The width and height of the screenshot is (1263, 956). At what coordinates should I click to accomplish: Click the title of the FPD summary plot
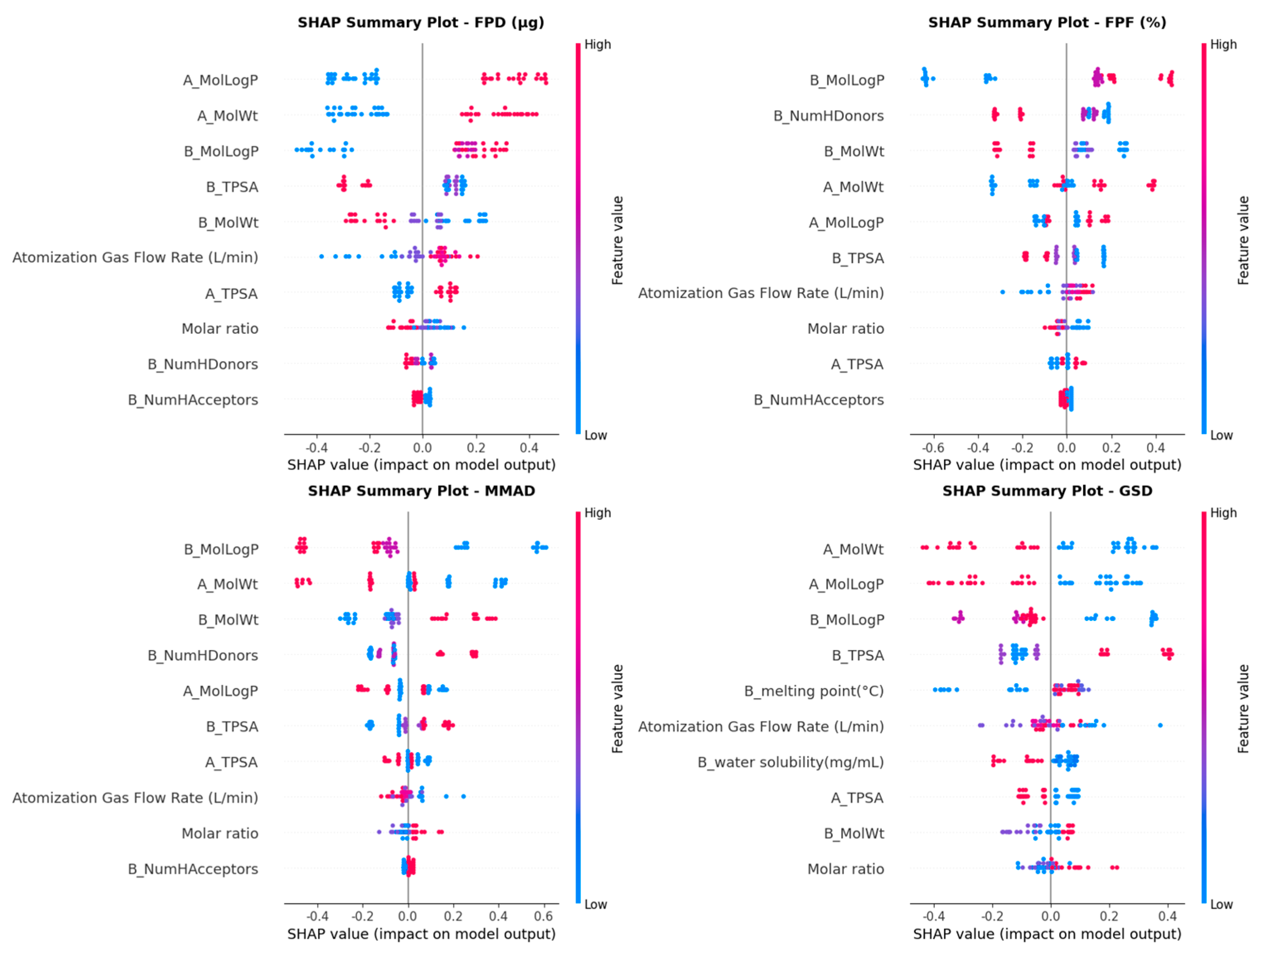click(421, 22)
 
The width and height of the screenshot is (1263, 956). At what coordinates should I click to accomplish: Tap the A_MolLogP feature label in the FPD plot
click(220, 80)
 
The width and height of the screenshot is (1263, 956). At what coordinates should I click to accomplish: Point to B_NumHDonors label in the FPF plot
click(828, 116)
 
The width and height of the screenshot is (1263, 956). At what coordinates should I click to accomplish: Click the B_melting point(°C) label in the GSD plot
click(814, 691)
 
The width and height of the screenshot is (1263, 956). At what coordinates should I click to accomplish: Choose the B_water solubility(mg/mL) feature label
click(790, 762)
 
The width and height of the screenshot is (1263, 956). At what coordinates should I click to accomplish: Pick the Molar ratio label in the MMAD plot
click(220, 833)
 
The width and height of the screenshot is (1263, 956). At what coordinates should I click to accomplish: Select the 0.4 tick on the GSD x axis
click(1167, 917)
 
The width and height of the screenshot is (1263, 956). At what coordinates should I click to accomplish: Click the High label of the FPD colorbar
click(597, 44)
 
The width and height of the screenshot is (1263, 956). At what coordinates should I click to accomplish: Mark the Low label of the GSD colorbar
click(1221, 905)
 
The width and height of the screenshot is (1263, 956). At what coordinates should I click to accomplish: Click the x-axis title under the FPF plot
click(1047, 465)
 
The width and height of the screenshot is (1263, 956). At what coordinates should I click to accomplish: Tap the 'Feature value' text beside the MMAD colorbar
click(617, 708)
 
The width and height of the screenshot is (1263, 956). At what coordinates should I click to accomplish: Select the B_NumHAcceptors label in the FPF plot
click(818, 400)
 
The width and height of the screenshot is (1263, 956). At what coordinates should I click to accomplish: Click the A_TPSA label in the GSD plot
click(857, 798)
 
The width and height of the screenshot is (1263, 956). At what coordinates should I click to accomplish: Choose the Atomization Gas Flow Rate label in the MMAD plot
click(135, 798)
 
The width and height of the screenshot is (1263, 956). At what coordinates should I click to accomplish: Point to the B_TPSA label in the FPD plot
click(232, 187)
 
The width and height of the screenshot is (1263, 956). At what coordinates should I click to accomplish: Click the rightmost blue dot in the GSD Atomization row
click(1160, 725)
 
